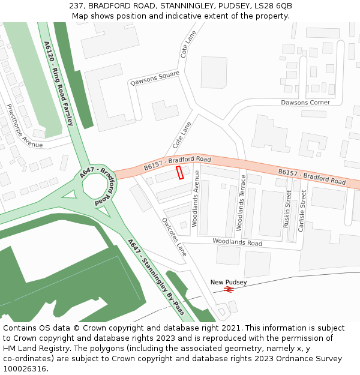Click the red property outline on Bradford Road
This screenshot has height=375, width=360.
[x=180, y=173]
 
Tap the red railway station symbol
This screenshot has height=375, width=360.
[x=228, y=289]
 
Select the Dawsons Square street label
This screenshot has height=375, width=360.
[x=155, y=78]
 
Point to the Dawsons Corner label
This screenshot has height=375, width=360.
[x=305, y=103]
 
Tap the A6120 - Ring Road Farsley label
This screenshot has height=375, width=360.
[x=58, y=83]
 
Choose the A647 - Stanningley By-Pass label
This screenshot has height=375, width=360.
[x=156, y=275]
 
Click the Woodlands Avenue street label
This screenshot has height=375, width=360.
[x=195, y=198]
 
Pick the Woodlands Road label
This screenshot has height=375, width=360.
[x=237, y=242]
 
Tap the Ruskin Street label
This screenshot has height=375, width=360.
[x=288, y=208]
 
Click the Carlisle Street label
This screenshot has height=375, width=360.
[x=303, y=208]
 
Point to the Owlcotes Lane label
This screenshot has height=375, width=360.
[x=174, y=236]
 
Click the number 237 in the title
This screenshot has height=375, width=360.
[x=76, y=5]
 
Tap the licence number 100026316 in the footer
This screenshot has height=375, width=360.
[x=24, y=368]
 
